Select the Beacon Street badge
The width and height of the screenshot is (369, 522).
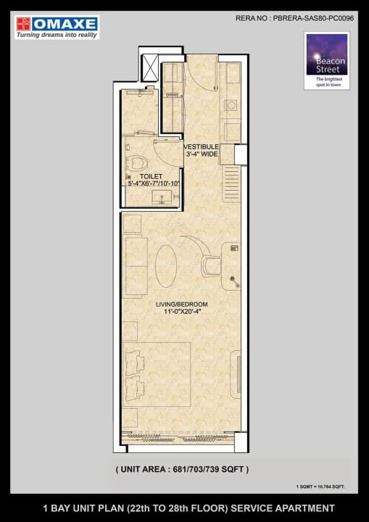click(x=326, y=66)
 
